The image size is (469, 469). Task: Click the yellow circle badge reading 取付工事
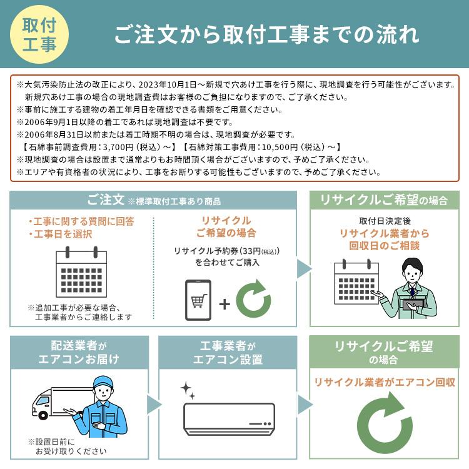click(39, 34)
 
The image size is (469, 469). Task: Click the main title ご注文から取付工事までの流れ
click(266, 34)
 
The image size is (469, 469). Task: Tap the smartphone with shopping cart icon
click(198, 302)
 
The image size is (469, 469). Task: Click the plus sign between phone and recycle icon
click(224, 304)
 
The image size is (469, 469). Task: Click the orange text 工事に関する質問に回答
click(81, 221)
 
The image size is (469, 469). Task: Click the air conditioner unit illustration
click(229, 418)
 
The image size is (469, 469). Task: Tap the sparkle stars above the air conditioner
click(188, 390)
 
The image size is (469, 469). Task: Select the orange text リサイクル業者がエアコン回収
click(384, 382)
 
